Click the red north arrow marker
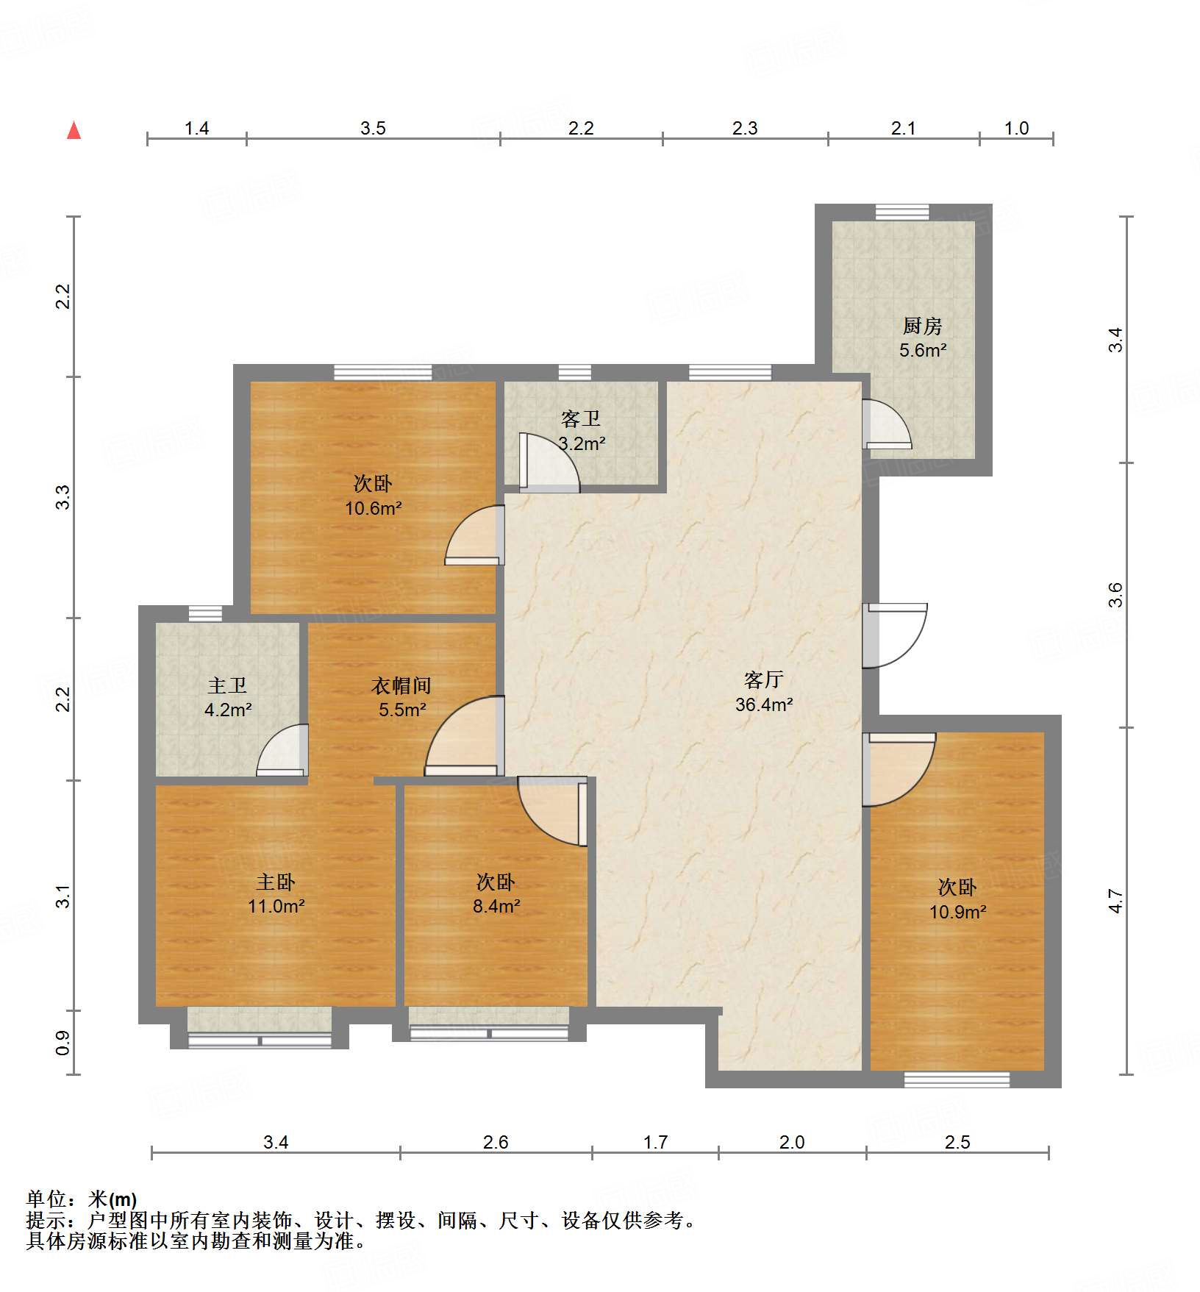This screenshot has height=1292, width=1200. [x=74, y=130]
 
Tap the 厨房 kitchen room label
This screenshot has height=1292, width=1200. [x=922, y=326]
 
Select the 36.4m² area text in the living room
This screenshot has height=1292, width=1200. [x=764, y=704]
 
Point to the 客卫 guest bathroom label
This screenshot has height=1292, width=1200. [x=580, y=419]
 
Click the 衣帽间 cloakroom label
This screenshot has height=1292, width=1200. [x=401, y=686]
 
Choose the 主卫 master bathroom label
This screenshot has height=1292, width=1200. [x=226, y=686]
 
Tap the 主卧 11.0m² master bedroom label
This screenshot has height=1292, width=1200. [x=276, y=893]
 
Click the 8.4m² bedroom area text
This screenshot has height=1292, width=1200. [x=496, y=906]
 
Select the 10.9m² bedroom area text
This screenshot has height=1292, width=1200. [x=957, y=912]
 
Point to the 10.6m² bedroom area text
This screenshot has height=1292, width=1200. [x=373, y=508]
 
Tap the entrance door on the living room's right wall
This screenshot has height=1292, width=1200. [x=893, y=635]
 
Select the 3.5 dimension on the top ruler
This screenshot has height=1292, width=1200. [x=373, y=129]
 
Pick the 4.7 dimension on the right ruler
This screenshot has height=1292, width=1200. [x=1116, y=901]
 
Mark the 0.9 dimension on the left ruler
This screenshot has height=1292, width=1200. [x=63, y=1042]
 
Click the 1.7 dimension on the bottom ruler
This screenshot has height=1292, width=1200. [x=655, y=1142]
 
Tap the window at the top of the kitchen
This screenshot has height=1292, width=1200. [x=902, y=212]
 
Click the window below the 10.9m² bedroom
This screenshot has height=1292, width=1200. [x=957, y=1079]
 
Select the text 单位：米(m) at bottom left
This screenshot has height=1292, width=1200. [x=82, y=1199]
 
